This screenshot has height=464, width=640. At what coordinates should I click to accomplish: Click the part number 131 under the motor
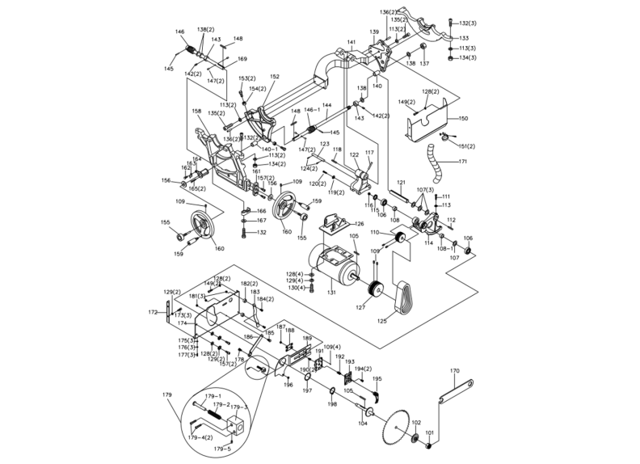331,292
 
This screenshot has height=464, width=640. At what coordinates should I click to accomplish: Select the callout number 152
275,77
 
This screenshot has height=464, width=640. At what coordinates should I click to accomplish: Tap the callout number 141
352,41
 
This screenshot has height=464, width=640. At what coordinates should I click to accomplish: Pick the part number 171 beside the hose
463,162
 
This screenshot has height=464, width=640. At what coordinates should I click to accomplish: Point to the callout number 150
463,118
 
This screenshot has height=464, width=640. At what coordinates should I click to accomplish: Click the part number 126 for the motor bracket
360,223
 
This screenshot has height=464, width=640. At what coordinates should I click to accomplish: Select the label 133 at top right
463,38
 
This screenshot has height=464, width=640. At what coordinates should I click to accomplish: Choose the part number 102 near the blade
416,422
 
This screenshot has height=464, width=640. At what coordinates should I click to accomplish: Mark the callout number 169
242,59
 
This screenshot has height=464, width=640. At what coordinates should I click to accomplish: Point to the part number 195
377,378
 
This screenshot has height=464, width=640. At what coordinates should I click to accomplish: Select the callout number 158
197,112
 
